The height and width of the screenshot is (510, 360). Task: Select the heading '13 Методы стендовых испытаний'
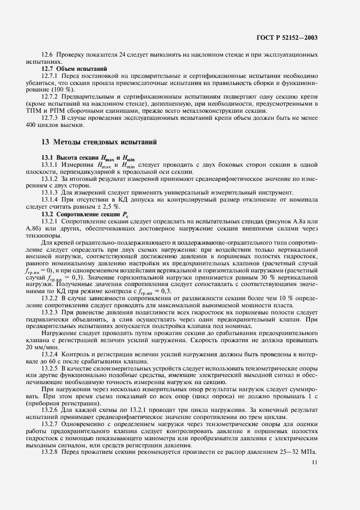100,142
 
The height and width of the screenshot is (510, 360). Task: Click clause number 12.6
48,56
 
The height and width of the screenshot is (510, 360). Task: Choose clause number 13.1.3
51,192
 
